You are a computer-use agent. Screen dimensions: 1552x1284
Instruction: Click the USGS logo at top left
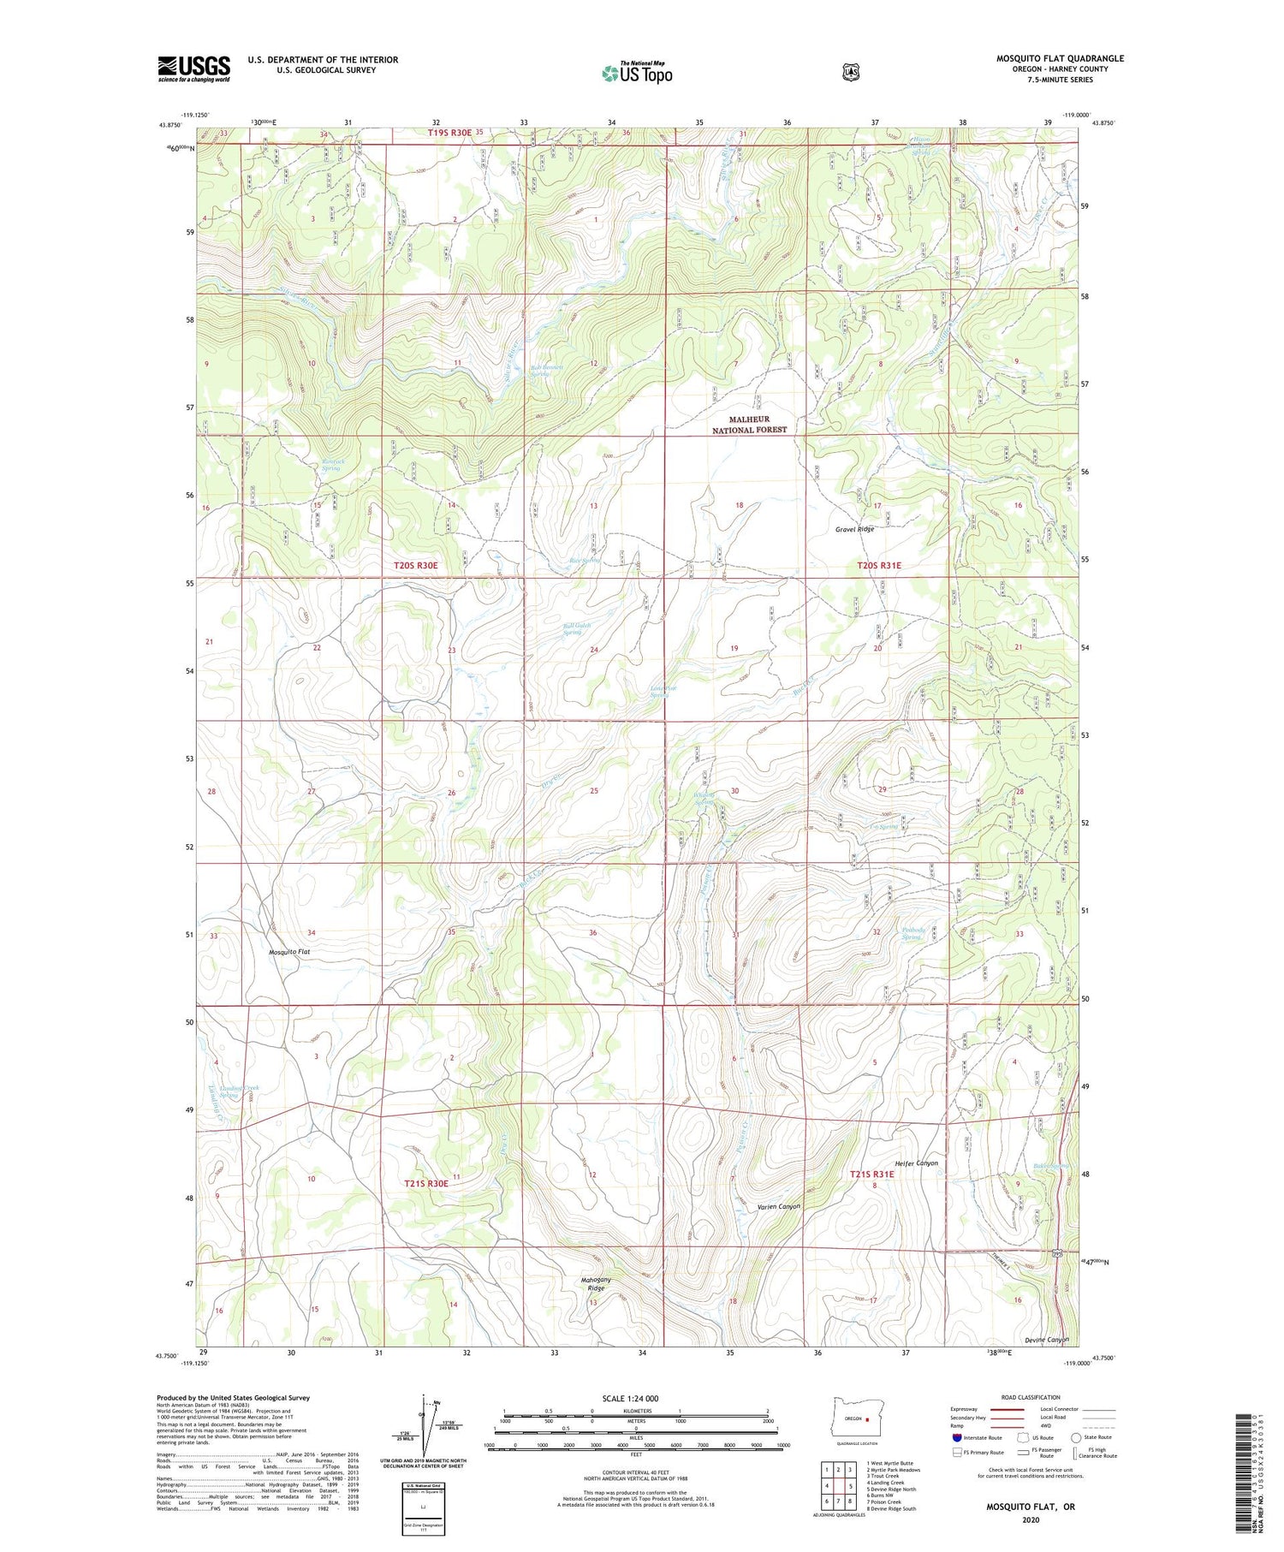pyautogui.click(x=193, y=68)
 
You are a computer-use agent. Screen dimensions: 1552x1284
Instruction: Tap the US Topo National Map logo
pyautogui.click(x=637, y=72)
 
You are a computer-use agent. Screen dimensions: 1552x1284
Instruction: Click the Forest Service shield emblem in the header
pyautogui.click(x=850, y=73)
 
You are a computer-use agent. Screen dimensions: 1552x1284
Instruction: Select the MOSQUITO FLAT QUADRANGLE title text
pyautogui.click(x=1060, y=58)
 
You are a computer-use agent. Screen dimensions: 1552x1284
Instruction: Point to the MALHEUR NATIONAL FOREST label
pyautogui.click(x=750, y=425)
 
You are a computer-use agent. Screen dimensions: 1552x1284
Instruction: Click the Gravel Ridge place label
pyautogui.click(x=854, y=530)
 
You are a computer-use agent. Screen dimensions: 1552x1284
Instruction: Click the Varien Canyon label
pyautogui.click(x=778, y=1206)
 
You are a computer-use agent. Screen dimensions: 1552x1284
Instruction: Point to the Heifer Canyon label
pyautogui.click(x=915, y=1163)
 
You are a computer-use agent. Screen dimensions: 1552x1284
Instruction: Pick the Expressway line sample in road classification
pyautogui.click(x=1007, y=1409)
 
